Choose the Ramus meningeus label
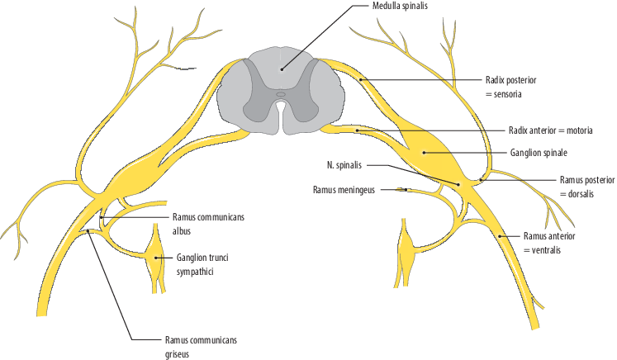(x=344, y=189)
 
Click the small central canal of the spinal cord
(x=281, y=94)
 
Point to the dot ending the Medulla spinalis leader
(x=282, y=69)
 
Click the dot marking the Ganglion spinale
(x=424, y=152)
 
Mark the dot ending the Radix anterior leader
(x=357, y=130)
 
